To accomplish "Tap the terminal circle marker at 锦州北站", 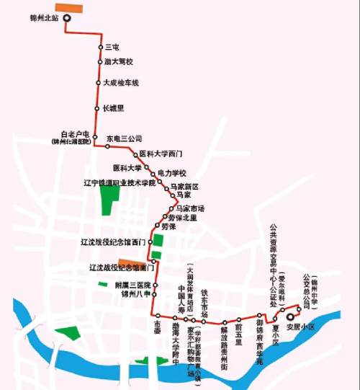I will (66, 19).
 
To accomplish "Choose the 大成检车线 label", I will (120, 83).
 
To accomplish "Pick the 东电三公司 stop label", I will (125, 138).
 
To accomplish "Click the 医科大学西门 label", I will (161, 154).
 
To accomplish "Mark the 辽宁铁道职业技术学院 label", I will (117, 183).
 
